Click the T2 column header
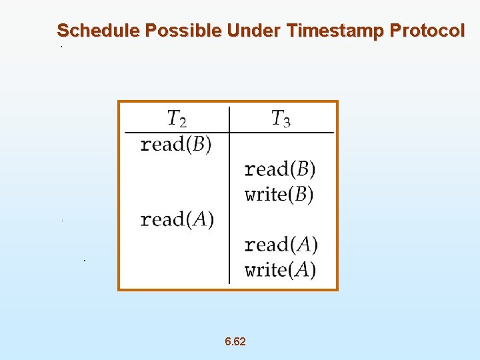[x=176, y=119]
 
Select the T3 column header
[x=280, y=119]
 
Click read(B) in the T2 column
[x=176, y=145]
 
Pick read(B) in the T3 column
[x=280, y=169]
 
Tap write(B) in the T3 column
[x=280, y=195]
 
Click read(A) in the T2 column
[x=177, y=220]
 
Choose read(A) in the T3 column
[x=281, y=245]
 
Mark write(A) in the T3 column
[x=281, y=270]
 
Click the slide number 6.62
[x=235, y=342]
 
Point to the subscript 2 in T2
[x=183, y=123]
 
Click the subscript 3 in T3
[x=287, y=123]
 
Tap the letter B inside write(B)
[x=300, y=195]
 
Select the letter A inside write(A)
[x=301, y=270]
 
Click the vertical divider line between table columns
[x=229, y=200]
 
